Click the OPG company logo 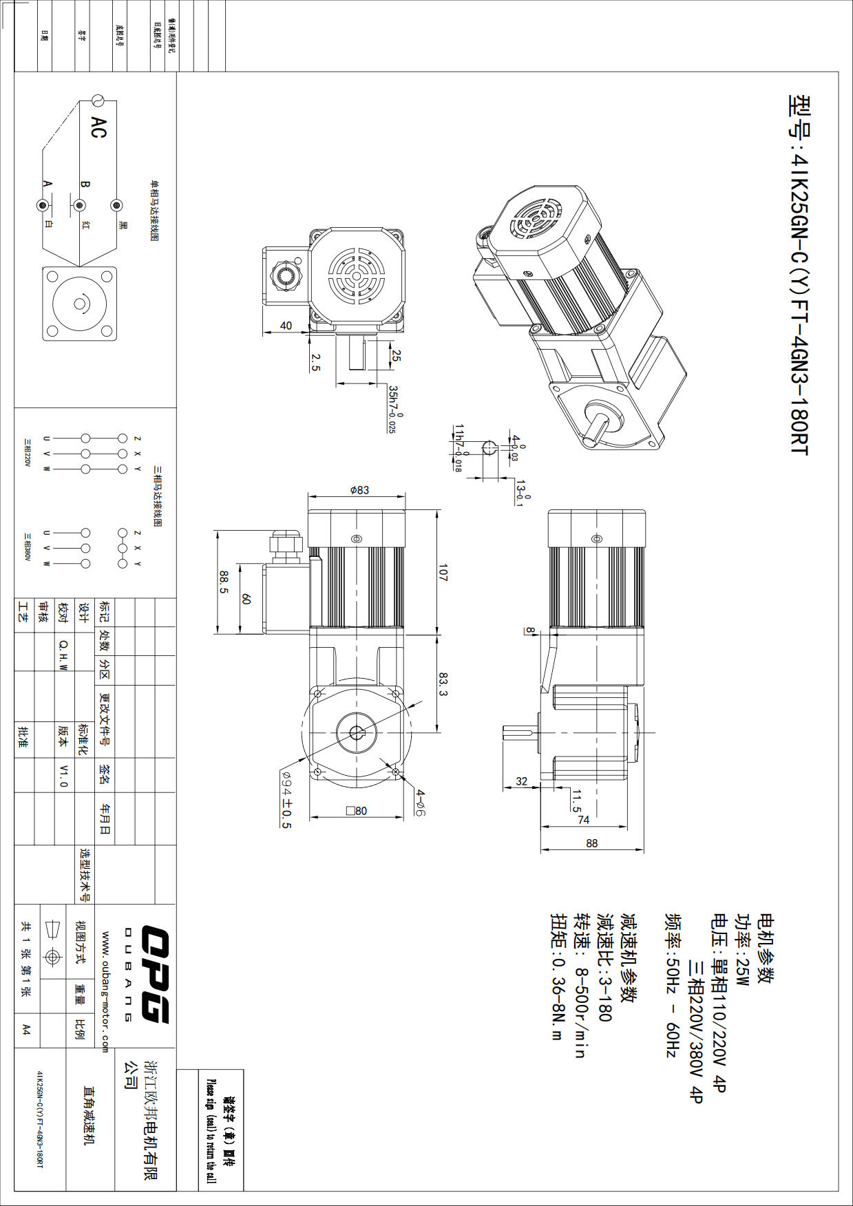pyautogui.click(x=156, y=974)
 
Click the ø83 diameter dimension pyautogui.click(x=359, y=490)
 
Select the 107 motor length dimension pyautogui.click(x=443, y=573)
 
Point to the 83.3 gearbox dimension pyautogui.click(x=443, y=684)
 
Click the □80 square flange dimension pyautogui.click(x=357, y=811)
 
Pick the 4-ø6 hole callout pyautogui.click(x=419, y=803)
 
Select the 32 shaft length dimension pyautogui.click(x=521, y=781)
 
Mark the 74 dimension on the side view pyautogui.click(x=583, y=820)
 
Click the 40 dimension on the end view pyautogui.click(x=286, y=326)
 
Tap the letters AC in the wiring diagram pyautogui.click(x=98, y=127)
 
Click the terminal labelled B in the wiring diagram pyautogui.click(x=79, y=205)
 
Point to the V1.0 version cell pyautogui.click(x=63, y=775)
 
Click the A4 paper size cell pyautogui.click(x=26, y=1029)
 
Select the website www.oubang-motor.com pyautogui.click(x=105, y=992)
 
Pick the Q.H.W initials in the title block pyautogui.click(x=63, y=655)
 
